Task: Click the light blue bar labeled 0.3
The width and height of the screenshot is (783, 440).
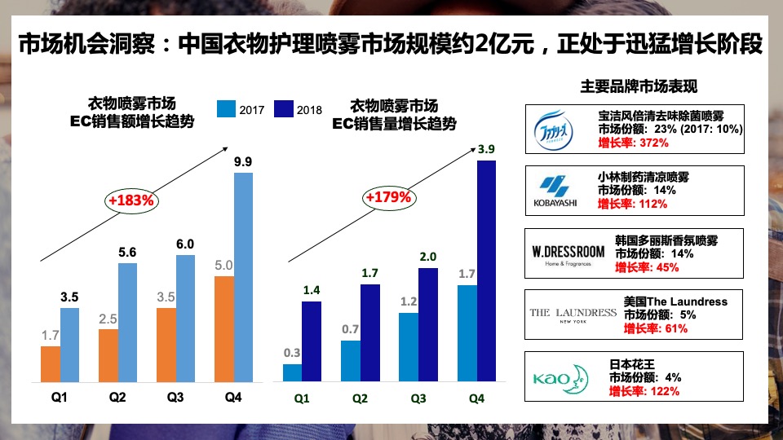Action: tap(292, 372)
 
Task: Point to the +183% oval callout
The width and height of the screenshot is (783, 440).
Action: tap(131, 199)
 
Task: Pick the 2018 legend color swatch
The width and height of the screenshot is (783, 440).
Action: tap(284, 109)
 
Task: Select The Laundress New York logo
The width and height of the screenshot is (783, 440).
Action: tap(573, 315)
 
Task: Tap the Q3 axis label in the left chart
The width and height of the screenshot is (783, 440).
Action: tap(175, 398)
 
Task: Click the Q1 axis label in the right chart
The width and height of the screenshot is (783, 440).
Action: tap(302, 398)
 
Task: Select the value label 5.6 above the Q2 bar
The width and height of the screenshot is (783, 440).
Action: tap(128, 253)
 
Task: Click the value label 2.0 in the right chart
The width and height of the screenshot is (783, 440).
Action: tap(427, 257)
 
